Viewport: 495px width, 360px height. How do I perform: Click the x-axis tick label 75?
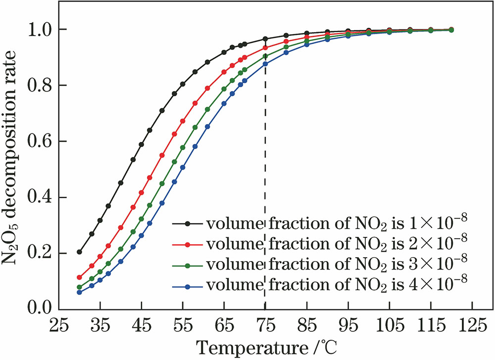(x=265, y=327)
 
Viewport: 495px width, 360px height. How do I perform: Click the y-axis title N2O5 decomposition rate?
(x=12, y=168)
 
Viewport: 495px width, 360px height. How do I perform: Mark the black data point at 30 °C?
(x=79, y=252)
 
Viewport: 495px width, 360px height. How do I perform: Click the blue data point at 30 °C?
(x=79, y=292)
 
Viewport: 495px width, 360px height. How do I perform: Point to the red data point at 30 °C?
(x=79, y=277)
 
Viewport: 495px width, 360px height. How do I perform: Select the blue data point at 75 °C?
(x=265, y=64)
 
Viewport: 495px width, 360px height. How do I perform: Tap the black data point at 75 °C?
(x=265, y=39)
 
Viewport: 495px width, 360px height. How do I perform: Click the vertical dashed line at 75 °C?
(x=265, y=148)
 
